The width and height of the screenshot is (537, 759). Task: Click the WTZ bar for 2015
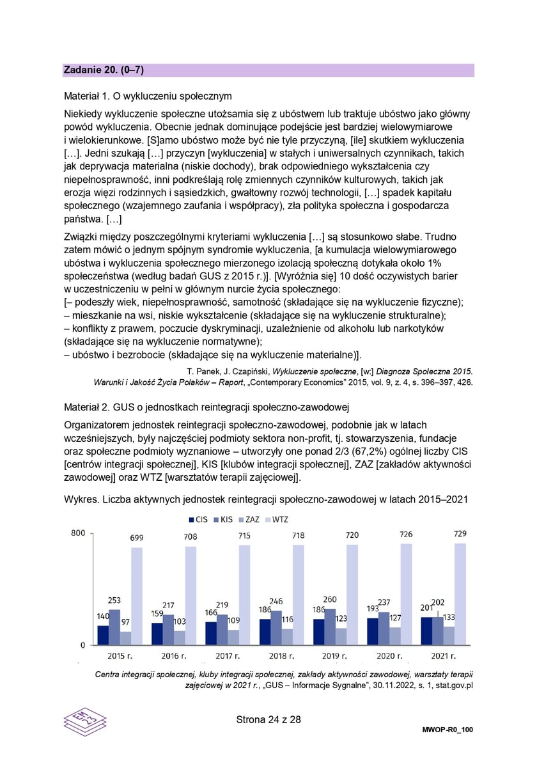(x=137, y=595)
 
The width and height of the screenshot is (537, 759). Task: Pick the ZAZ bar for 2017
(x=234, y=637)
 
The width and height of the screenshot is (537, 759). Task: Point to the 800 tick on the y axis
(x=77, y=533)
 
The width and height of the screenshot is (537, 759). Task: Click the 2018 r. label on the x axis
(x=281, y=656)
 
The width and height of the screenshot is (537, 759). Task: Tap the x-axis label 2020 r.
(x=389, y=656)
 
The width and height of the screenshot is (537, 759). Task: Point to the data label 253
(x=114, y=600)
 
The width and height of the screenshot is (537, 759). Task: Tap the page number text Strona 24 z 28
(x=268, y=719)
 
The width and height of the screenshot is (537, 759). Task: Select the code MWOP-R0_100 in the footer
(x=447, y=730)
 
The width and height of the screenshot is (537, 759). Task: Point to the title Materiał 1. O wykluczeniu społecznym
(x=148, y=97)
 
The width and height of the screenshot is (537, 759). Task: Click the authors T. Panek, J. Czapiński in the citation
(x=228, y=372)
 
